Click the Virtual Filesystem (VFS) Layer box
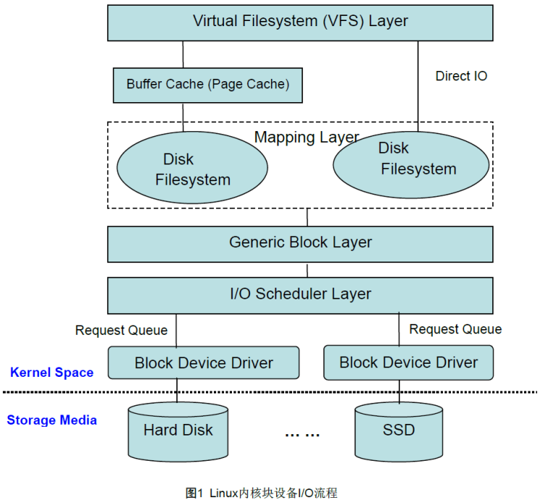coord(300,22)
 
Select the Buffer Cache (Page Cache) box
coord(207,85)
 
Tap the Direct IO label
coord(461,75)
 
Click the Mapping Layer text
coord(307,137)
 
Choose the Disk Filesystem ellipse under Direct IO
coord(410,162)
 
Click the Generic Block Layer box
coord(300,243)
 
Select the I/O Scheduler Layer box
coord(300,294)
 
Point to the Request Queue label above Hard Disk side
coord(121,330)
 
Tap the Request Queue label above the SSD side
coord(455,329)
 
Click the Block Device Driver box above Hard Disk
coord(204,362)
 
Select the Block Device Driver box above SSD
coord(408,362)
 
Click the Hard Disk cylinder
coord(178,431)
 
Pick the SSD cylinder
coord(399,431)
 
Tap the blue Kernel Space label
coord(51,372)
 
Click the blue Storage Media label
coord(51,420)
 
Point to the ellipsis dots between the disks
coord(302,433)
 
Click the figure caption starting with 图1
coord(262,492)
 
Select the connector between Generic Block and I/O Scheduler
coord(307,270)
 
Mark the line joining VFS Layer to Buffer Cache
coord(183,54)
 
